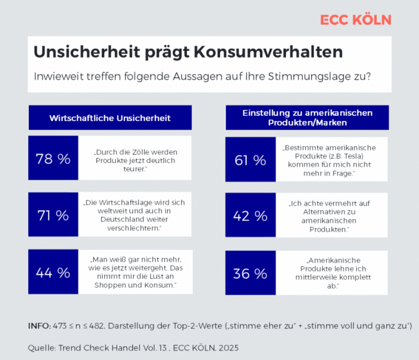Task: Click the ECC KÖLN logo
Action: click(356, 19)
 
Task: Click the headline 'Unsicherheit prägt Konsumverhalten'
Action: click(188, 52)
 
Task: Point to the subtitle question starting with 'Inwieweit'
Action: click(202, 77)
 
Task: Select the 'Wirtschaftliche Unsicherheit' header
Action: click(110, 118)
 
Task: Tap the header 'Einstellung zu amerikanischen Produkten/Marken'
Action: click(307, 117)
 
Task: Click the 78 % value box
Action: click(53, 159)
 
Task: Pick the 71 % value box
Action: click(53, 215)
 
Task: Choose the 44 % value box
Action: click(53, 273)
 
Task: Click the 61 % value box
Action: click(250, 160)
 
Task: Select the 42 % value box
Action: click(250, 216)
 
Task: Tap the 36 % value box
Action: click(250, 273)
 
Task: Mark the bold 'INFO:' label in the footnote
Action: click(39, 326)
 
